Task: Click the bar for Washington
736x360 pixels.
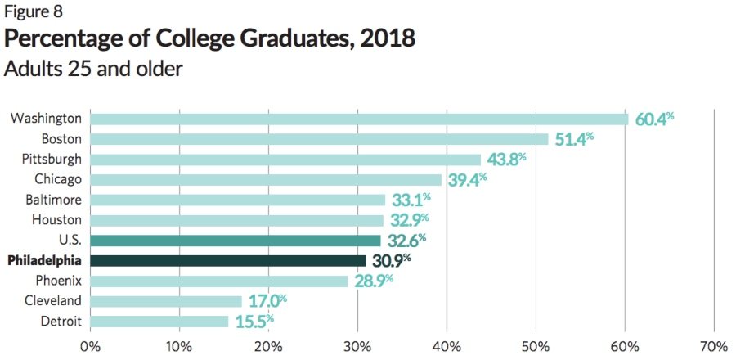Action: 359,119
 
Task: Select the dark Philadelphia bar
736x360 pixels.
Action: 228,260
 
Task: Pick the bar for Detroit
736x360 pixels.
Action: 159,321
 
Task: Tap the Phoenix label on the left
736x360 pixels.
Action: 59,281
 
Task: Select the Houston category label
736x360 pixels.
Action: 57,220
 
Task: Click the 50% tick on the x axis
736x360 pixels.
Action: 536,345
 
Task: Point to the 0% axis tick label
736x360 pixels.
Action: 90,345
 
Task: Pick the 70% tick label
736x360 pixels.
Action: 714,345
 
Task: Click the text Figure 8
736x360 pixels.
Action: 32,12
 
